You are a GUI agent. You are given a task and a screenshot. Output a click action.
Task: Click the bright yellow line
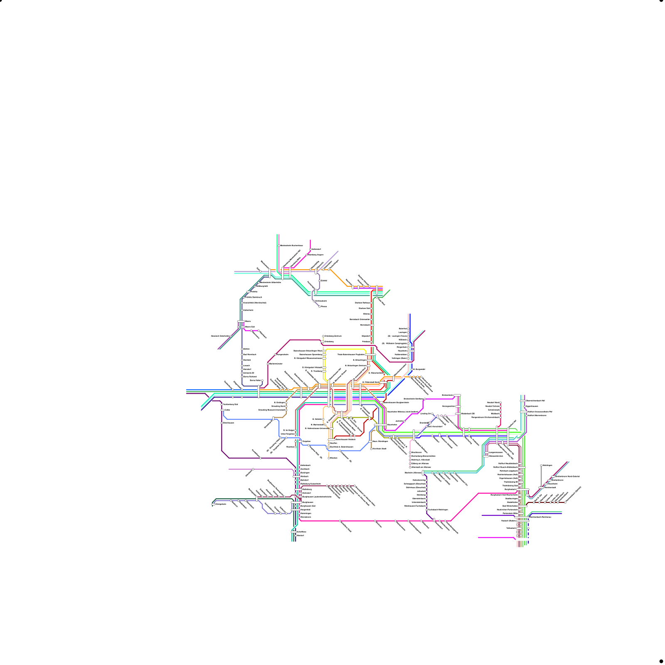click(x=345, y=349)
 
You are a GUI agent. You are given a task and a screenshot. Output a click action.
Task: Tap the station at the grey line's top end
click(x=541, y=465)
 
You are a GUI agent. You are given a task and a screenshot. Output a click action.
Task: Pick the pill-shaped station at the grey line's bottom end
click(x=541, y=487)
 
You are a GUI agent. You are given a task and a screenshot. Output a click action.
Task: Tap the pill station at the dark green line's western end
click(x=213, y=504)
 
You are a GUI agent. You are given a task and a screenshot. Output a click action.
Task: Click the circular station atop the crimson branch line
click(x=500, y=403)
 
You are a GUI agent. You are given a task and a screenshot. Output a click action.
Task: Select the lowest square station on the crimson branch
click(x=500, y=417)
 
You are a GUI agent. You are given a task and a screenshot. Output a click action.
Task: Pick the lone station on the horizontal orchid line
click(x=253, y=469)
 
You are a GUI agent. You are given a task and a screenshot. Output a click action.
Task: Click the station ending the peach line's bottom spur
click(x=329, y=458)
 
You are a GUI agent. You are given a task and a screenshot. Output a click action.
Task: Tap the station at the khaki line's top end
click(x=323, y=336)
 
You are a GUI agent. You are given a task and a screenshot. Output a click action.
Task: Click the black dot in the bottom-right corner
click(x=661, y=661)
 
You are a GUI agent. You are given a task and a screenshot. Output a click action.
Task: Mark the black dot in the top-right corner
click(x=661, y=1)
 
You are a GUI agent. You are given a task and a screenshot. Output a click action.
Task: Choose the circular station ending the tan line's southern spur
click(x=371, y=449)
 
